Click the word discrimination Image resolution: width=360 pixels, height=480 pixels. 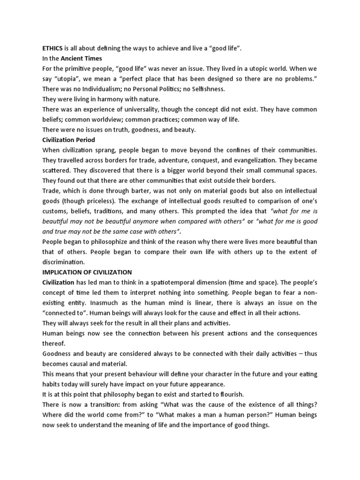[x=64, y=262]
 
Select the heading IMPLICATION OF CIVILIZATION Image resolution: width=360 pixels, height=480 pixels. [x=87, y=272]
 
